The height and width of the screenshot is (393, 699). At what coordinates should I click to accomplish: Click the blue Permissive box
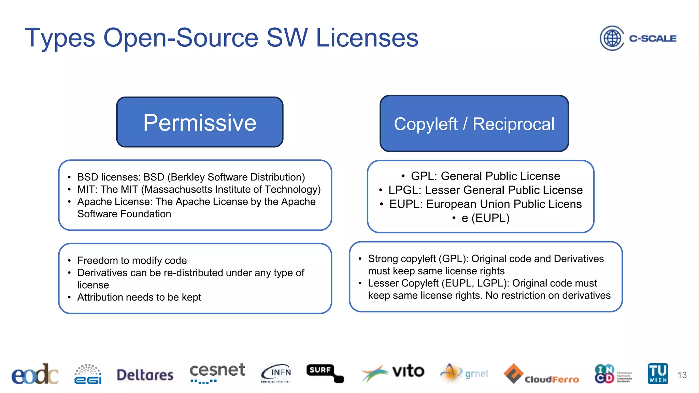200,122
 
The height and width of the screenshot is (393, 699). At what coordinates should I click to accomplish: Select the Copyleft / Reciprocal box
474,123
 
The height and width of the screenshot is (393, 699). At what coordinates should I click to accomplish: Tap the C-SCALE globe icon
612,38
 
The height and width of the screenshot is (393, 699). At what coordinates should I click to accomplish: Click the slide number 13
682,375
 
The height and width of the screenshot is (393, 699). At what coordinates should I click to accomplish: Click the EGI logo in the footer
88,374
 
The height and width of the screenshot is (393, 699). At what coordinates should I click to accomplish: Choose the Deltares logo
145,375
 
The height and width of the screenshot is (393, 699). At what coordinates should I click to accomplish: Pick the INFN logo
276,373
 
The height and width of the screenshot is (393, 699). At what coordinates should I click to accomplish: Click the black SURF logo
325,373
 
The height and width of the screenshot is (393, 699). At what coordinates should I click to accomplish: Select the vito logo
393,373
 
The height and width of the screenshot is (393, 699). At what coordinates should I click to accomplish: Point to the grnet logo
465,374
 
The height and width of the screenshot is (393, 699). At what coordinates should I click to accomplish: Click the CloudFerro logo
541,375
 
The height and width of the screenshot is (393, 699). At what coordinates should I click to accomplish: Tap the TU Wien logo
658,374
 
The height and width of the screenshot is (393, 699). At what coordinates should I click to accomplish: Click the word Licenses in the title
367,38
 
